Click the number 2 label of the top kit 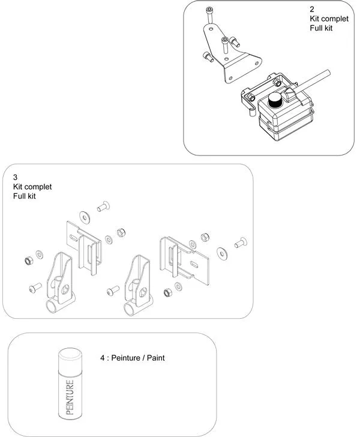pyautogui.click(x=312, y=10)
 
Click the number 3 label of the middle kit pyautogui.click(x=16, y=178)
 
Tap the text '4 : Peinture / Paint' pyautogui.click(x=132, y=358)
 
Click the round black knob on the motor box pyautogui.click(x=275, y=101)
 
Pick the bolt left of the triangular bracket pyautogui.click(x=208, y=57)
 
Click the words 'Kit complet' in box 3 pyautogui.click(x=32, y=187)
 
